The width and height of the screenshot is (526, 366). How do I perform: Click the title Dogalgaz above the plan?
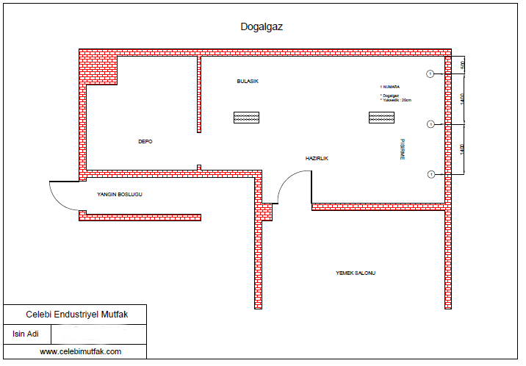point(262,26)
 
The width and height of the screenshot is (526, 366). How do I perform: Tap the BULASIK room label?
point(248,81)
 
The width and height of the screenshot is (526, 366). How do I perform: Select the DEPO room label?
point(145,141)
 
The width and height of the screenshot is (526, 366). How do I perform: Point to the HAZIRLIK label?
point(317,159)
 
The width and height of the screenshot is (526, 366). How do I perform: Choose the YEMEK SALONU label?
point(356,273)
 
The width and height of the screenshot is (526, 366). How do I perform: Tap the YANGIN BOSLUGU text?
point(120,195)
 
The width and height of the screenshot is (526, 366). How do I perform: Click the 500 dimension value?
point(463,65)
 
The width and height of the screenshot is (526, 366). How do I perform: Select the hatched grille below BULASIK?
point(246,118)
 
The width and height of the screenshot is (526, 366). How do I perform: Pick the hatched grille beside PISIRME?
point(381,118)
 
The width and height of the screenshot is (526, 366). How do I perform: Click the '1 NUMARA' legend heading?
point(389,87)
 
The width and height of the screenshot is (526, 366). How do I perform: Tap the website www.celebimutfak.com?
point(80,352)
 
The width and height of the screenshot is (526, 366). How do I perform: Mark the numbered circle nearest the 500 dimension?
point(430,73)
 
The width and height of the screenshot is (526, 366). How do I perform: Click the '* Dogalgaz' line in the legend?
point(390,96)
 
